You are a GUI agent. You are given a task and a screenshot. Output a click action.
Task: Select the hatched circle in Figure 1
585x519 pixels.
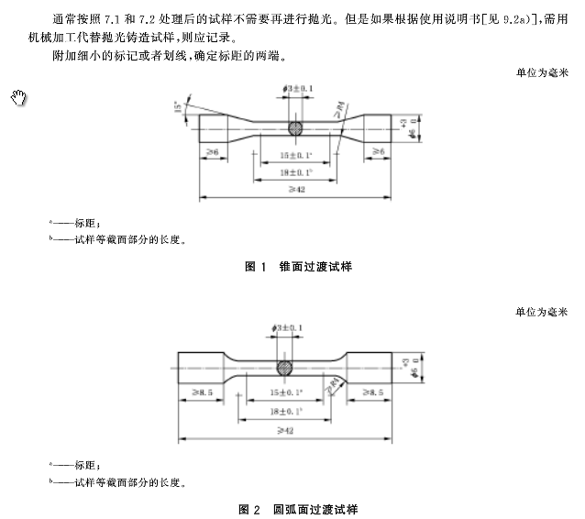(296, 129)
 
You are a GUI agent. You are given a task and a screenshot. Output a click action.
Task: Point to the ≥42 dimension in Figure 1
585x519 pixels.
(295, 188)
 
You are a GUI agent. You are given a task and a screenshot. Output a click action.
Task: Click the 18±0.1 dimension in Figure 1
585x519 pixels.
(297, 171)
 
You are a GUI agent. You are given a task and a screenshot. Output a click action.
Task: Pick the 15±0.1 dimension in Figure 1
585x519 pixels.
(297, 156)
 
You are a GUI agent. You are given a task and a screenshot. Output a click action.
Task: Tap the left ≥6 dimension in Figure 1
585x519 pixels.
(213, 150)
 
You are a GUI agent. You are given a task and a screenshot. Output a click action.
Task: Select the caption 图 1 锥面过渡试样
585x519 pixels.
(298, 266)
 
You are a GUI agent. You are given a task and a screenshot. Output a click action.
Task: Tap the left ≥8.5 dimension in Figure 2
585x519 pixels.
(204, 392)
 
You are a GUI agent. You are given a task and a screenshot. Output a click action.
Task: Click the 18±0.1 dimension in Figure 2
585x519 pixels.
(286, 412)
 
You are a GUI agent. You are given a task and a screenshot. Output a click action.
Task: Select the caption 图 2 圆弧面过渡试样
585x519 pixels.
(298, 508)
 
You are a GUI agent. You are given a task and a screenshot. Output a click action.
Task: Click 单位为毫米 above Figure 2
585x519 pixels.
(542, 312)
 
